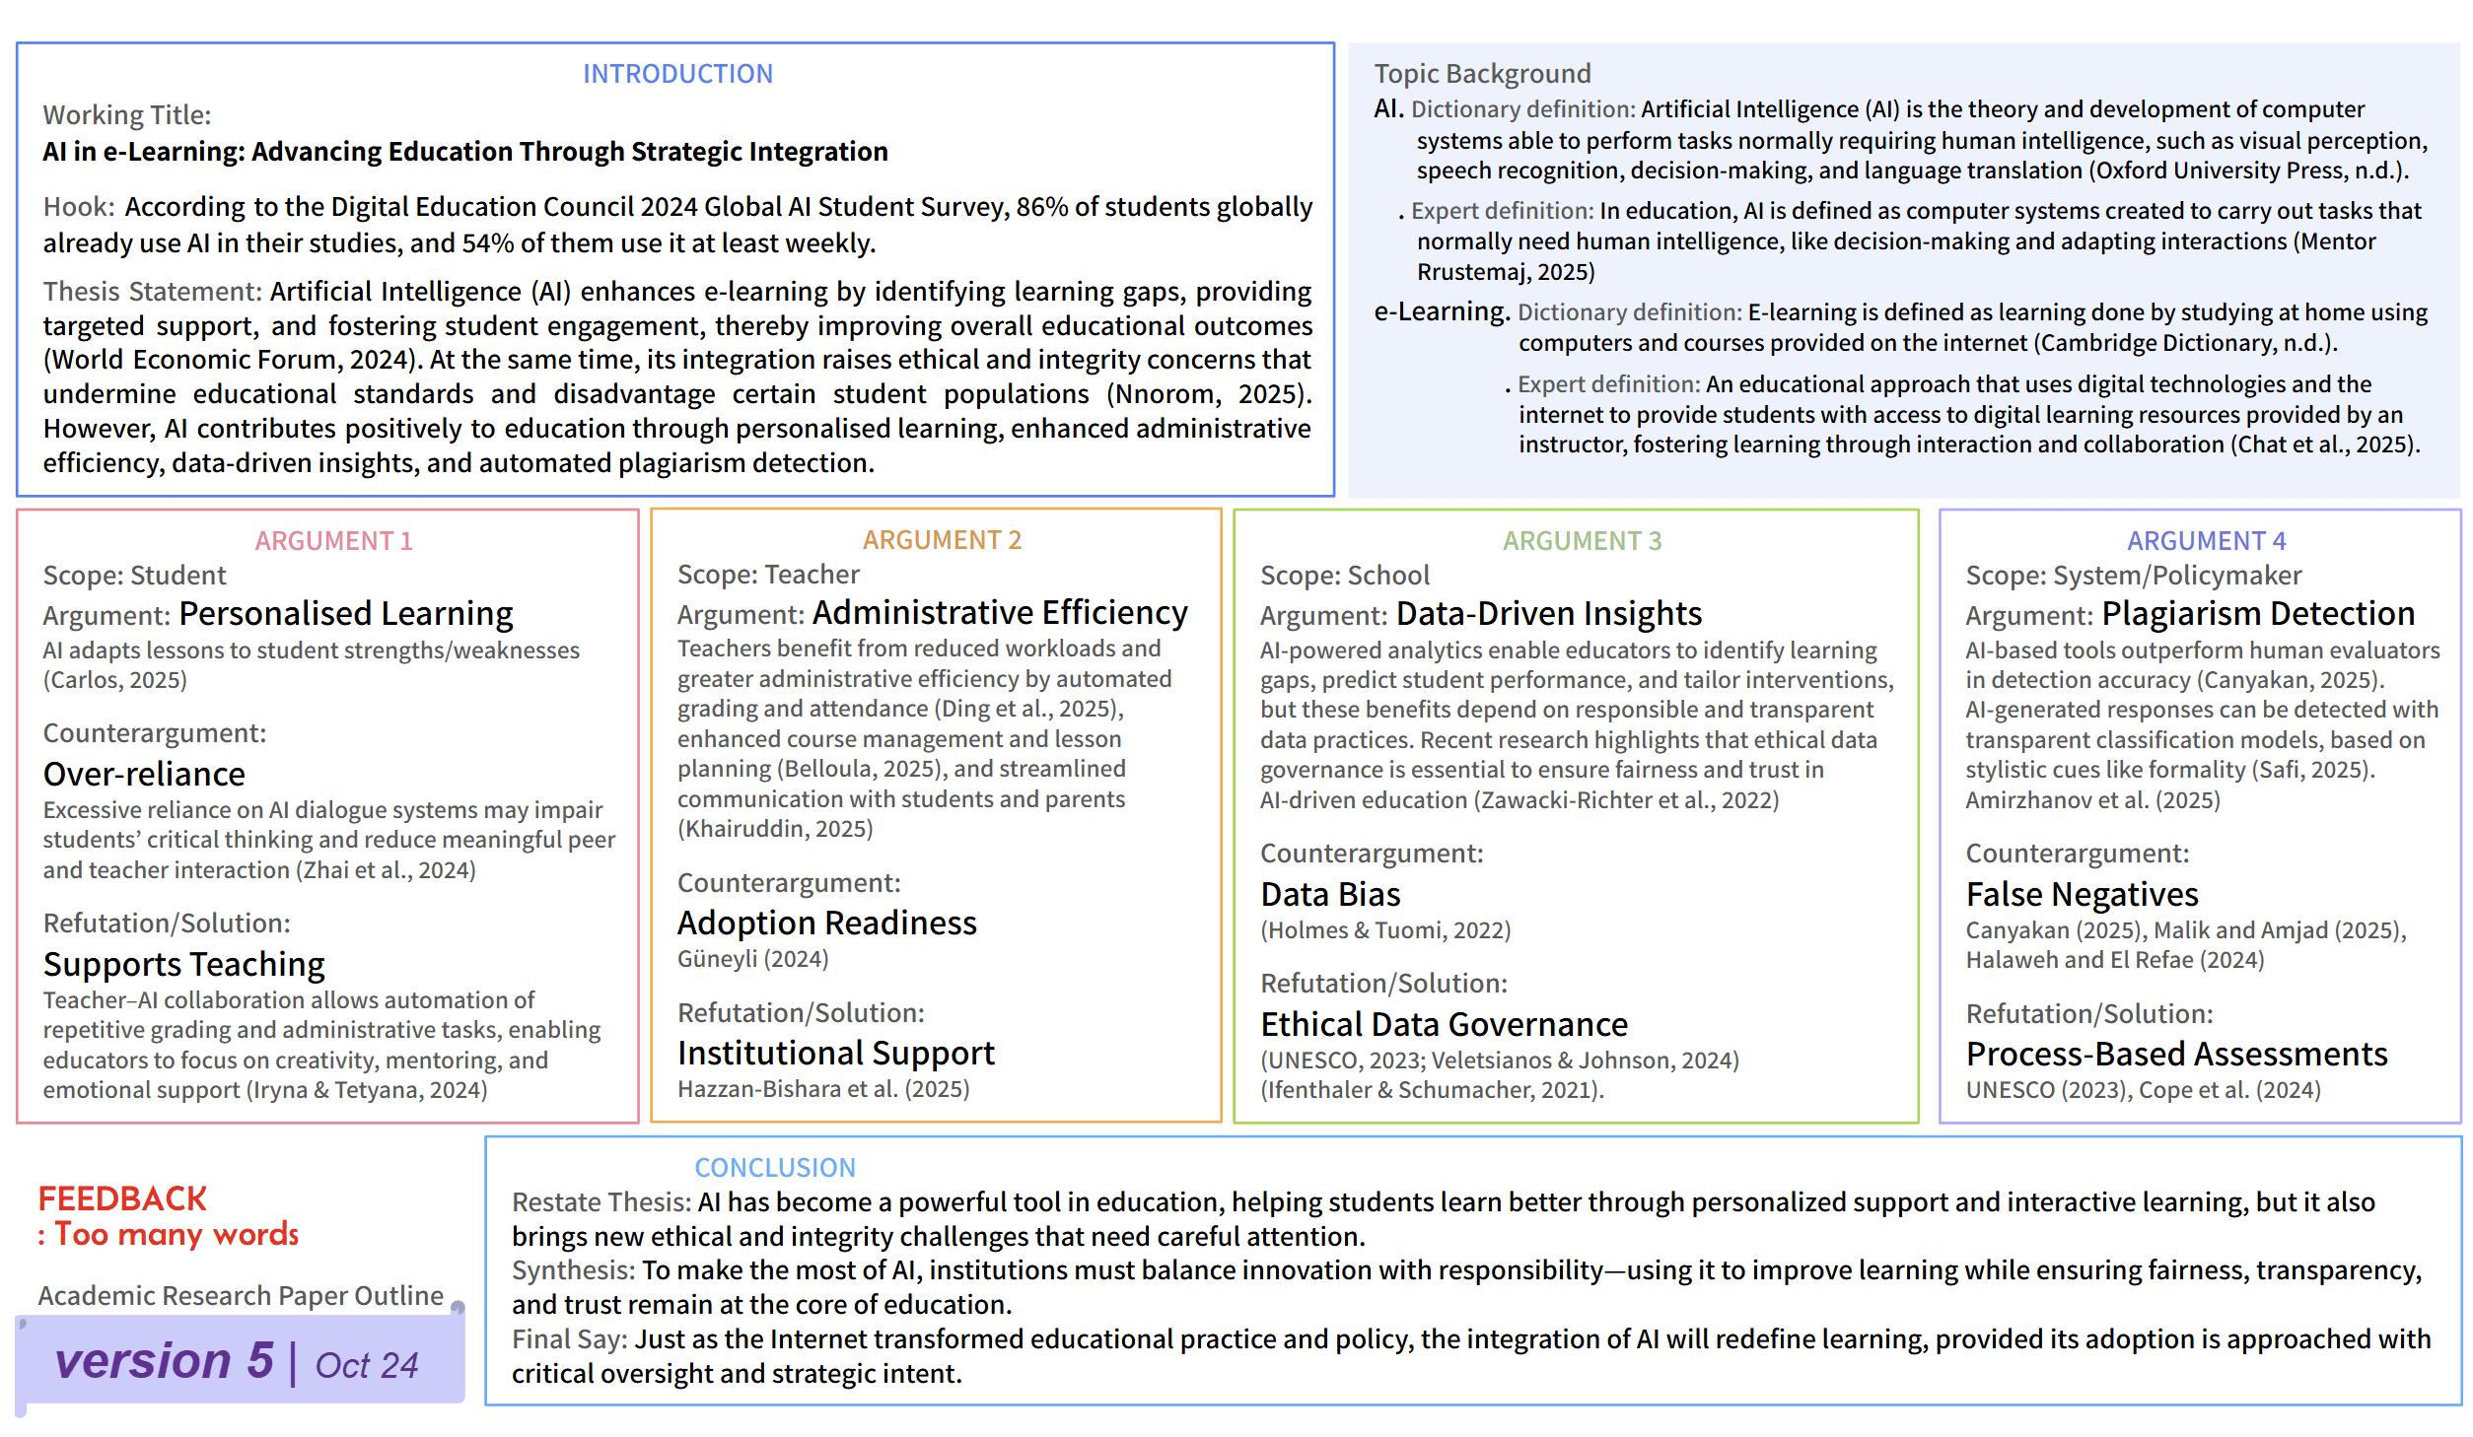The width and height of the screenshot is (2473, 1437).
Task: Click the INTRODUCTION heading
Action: point(677,74)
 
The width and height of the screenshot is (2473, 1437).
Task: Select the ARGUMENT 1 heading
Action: point(333,541)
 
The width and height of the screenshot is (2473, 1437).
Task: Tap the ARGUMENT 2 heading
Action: point(942,540)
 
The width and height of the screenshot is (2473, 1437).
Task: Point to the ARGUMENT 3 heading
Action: point(1582,541)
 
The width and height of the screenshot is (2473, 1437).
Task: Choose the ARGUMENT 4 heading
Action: point(2206,541)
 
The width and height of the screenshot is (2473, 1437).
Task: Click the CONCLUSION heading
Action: point(775,1168)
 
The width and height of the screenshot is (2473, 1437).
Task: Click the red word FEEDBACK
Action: point(122,1199)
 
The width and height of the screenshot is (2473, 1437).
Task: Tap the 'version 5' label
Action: point(164,1361)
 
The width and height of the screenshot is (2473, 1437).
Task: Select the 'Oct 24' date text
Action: point(367,1366)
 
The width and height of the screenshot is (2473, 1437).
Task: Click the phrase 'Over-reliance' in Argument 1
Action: point(144,775)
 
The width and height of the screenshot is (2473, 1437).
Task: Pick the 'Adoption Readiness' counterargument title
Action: point(826,924)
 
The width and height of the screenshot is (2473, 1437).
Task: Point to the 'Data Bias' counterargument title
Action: point(1330,895)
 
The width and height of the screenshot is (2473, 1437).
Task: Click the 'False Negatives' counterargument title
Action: point(2082,895)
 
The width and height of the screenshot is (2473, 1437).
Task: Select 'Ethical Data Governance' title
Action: point(1444,1025)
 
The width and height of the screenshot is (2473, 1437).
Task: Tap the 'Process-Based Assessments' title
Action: point(2176,1055)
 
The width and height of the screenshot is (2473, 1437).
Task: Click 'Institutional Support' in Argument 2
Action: point(836,1054)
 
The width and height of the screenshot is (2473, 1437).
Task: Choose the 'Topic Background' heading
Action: point(1482,74)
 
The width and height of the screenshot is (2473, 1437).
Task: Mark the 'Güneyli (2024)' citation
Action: point(752,959)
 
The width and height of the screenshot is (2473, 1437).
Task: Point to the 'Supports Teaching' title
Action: point(184,965)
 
